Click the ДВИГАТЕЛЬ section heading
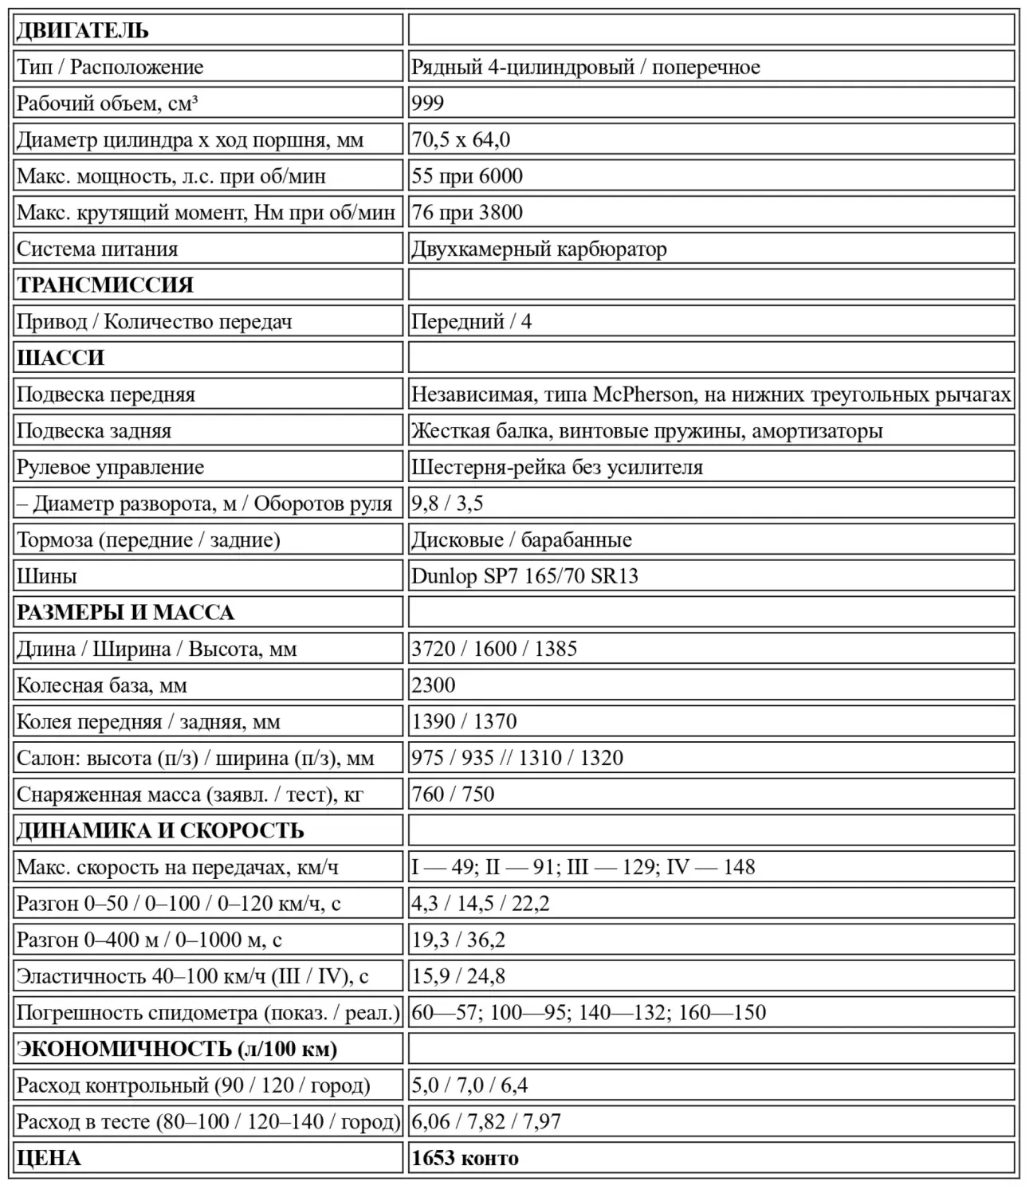82,31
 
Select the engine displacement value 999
428,104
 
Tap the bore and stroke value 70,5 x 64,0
461,140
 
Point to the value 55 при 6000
467,176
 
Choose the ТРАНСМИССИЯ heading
105,285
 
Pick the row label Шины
46,576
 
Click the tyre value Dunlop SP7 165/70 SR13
524,576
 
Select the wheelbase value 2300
434,685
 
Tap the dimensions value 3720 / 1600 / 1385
494,649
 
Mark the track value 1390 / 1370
464,722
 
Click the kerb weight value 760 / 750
453,795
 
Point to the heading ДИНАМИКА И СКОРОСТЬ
160,831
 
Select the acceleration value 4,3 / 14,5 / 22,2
481,904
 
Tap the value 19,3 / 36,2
458,940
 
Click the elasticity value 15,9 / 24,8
458,976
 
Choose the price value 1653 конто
465,1158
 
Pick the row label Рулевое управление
110,467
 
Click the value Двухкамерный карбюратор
539,249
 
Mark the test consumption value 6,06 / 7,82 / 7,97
486,1122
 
